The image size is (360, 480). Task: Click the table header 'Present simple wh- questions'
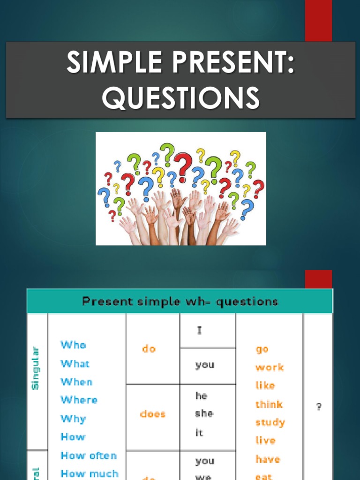[180, 301]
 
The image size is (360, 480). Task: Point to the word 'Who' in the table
[73, 345]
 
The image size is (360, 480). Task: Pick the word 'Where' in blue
[79, 400]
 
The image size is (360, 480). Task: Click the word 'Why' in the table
[73, 419]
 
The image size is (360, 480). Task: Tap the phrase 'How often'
[89, 456]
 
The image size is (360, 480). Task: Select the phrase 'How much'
[90, 473]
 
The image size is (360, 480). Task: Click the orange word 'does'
[152, 414]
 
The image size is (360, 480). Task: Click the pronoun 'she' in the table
[204, 414]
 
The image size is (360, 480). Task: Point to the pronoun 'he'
[201, 396]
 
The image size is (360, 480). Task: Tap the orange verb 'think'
[269, 404]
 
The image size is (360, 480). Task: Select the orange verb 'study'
[270, 422]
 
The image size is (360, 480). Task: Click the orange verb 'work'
[270, 367]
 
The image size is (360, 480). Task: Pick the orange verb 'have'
[268, 459]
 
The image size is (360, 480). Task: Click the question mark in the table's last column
[319, 407]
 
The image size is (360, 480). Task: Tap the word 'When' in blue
[76, 382]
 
